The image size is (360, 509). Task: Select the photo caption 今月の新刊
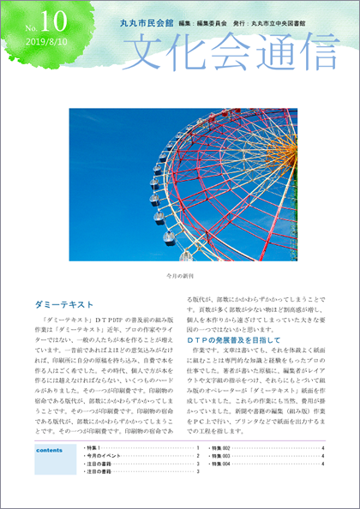click(180, 277)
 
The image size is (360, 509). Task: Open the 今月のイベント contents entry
click(103, 456)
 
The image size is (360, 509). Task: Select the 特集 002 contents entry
click(221, 448)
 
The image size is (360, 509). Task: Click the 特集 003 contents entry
click(221, 456)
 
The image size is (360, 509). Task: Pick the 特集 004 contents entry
click(221, 464)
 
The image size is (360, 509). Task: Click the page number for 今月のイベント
click(198, 456)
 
